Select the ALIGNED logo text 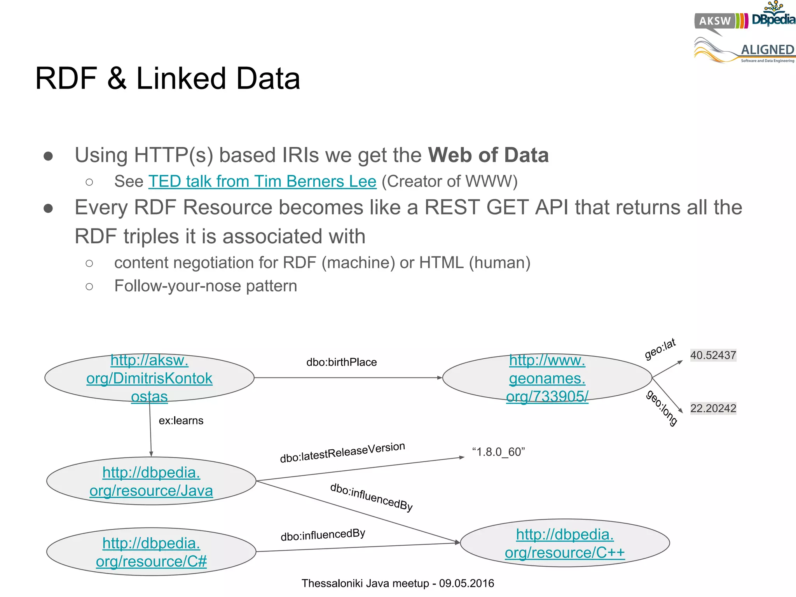tap(767, 50)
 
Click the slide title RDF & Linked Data tap(168, 79)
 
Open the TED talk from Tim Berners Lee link tap(262, 182)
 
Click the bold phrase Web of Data tap(488, 155)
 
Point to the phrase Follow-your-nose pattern tap(206, 286)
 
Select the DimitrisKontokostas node tap(149, 378)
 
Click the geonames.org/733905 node tap(547, 378)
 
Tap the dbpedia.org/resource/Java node tap(151, 481)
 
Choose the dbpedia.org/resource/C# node tap(151, 552)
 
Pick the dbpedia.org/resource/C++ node tap(565, 543)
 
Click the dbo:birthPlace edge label tap(341, 362)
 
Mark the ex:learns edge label tap(181, 421)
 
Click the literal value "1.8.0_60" tap(498, 452)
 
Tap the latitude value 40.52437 tap(713, 355)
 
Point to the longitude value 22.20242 tap(713, 408)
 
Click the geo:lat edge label tap(660, 349)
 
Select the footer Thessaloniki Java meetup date tap(398, 583)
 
